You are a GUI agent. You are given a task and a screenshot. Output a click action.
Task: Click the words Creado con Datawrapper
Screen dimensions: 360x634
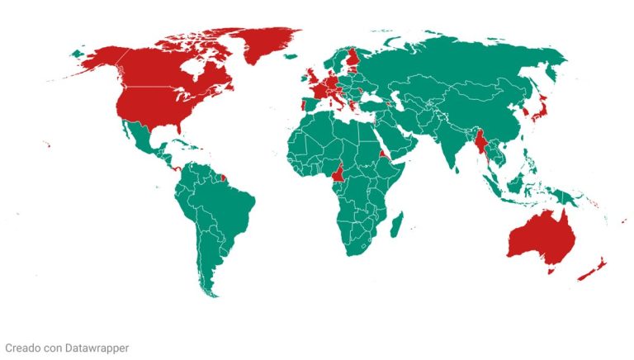67,348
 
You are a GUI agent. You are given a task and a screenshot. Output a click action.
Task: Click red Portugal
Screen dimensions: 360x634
303,107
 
